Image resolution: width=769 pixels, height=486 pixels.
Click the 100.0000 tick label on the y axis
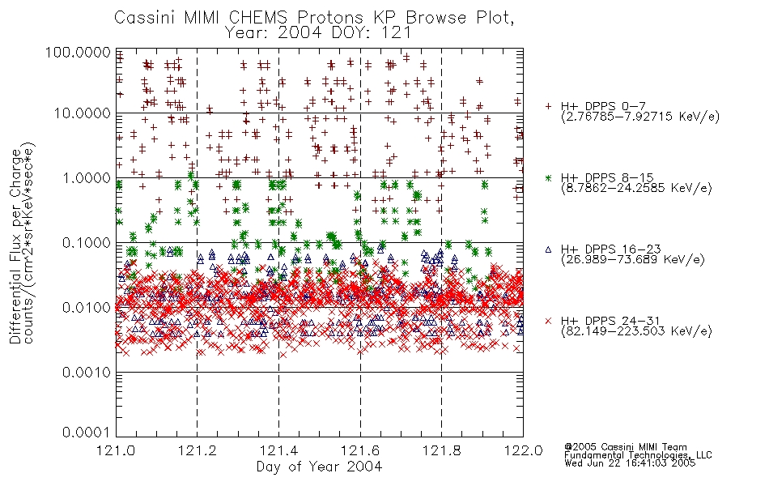(x=78, y=52)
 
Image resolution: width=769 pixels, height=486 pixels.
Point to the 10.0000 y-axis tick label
(x=83, y=113)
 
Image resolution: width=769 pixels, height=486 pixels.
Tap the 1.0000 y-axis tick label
(x=87, y=177)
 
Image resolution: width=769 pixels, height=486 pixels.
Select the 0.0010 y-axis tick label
(x=87, y=372)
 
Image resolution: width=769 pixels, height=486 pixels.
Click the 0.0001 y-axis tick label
(x=87, y=433)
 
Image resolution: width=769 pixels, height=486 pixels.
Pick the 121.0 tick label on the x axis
(x=116, y=450)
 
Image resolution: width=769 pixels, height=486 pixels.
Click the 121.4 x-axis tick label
(x=278, y=450)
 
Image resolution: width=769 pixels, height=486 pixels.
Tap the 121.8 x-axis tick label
(x=441, y=450)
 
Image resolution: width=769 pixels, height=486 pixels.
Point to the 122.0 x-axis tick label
(x=523, y=450)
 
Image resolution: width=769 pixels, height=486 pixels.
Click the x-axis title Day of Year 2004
(x=319, y=467)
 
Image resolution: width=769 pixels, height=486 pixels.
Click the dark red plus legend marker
(x=548, y=106)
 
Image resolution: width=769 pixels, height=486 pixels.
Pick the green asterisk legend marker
(x=548, y=177)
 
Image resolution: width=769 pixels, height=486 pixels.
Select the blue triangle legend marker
(x=548, y=249)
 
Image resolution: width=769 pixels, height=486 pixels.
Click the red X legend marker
(x=548, y=321)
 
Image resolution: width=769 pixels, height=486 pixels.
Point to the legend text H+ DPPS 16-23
(x=610, y=249)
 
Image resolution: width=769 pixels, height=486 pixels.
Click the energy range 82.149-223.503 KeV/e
(x=636, y=331)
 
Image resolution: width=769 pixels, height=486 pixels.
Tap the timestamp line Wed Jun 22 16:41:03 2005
(x=630, y=463)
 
